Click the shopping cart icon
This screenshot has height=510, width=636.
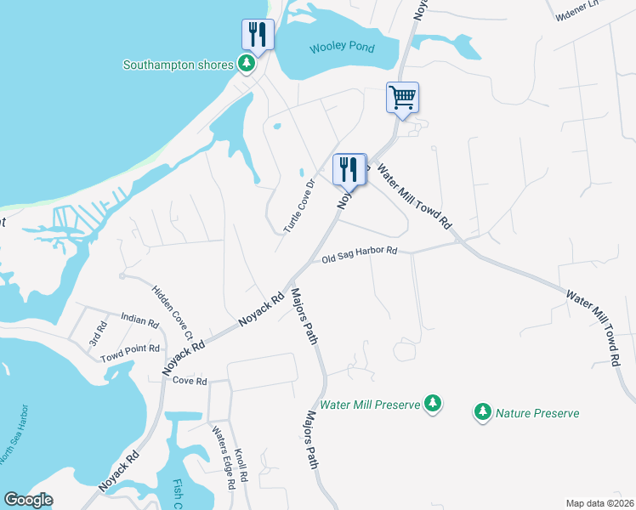pos(402,96)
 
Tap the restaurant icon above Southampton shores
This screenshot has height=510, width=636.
pos(258,34)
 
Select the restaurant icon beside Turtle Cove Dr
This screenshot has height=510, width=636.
pos(349,169)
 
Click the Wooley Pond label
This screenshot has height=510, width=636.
pos(343,47)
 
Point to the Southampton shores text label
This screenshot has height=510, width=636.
pos(179,65)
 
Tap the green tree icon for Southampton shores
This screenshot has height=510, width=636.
pos(247,63)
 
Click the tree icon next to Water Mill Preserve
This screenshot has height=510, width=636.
pos(433,403)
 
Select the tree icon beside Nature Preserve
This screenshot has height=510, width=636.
pos(482,412)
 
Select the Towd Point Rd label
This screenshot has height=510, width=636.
pos(130,348)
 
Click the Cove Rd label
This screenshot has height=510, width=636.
pos(190,382)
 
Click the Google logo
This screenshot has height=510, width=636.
pos(27,499)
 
